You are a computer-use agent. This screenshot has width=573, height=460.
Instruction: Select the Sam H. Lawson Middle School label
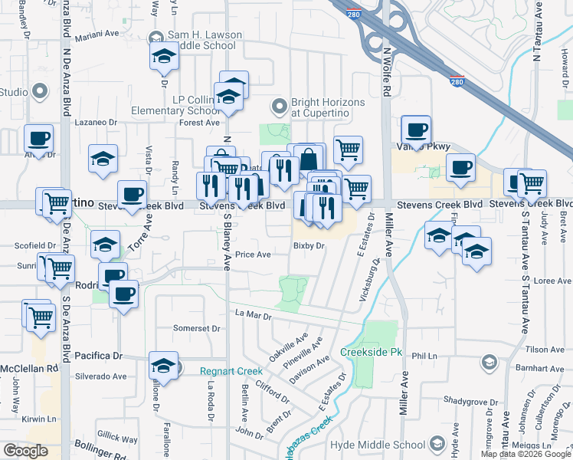tap(201, 40)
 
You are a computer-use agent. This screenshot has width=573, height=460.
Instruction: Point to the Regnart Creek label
tap(231, 371)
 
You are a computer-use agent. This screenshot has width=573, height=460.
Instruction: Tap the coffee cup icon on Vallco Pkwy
tap(416, 131)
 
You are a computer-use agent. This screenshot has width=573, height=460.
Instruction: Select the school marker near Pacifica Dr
tap(163, 366)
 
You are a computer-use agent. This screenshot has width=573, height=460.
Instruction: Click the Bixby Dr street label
tap(309, 246)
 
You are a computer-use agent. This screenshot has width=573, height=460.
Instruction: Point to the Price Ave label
tap(253, 255)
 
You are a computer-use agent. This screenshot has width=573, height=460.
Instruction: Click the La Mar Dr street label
tap(254, 314)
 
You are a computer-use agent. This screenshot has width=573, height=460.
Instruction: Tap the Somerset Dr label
tap(197, 328)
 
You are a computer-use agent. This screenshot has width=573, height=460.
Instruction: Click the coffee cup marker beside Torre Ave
tap(132, 196)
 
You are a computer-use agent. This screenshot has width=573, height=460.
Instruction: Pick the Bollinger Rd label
tap(100, 453)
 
